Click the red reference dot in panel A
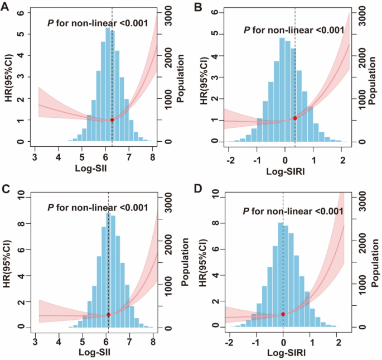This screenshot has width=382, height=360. (112, 120)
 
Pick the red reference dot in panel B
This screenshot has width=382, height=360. (295, 118)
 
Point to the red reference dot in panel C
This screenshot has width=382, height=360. (108, 315)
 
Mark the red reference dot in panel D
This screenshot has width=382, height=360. (283, 314)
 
